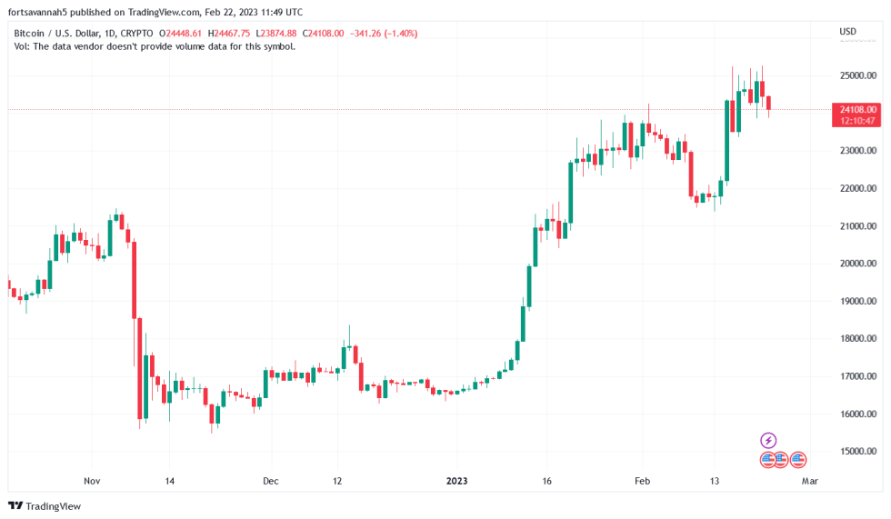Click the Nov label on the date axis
pyautogui.click(x=91, y=481)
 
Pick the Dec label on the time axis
pyautogui.click(x=270, y=481)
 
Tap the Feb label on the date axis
pyautogui.click(x=643, y=481)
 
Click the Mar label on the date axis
pyautogui.click(x=810, y=481)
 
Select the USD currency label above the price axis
pyautogui.click(x=847, y=32)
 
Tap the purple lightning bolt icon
pyautogui.click(x=768, y=441)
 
